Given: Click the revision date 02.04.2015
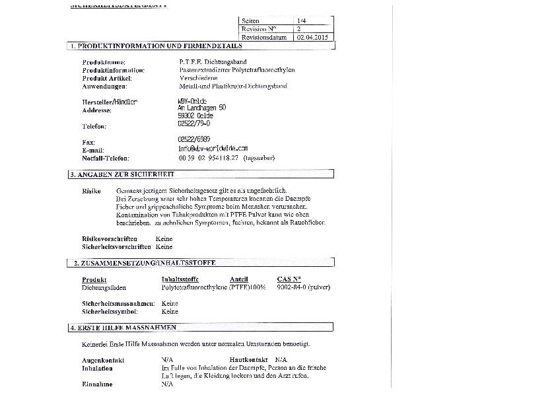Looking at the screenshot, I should pyautogui.click(x=312, y=38).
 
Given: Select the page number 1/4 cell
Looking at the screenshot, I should pyautogui.click(x=302, y=21).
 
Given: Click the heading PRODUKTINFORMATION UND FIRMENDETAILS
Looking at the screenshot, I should pyautogui.click(x=159, y=46).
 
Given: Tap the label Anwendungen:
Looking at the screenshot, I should pyautogui.click(x=104, y=86).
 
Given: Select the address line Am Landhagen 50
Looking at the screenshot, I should pyautogui.click(x=202, y=108).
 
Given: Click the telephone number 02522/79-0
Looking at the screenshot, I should pyautogui.click(x=194, y=123).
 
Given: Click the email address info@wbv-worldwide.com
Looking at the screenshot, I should pyautogui.click(x=213, y=149).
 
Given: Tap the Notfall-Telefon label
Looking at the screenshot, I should pyautogui.click(x=106, y=159).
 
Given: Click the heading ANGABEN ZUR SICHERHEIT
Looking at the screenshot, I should pyautogui.click(x=125, y=174).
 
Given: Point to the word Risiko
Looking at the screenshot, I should pyautogui.click(x=91, y=190).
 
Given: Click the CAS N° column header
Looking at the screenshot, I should pyautogui.click(x=289, y=279).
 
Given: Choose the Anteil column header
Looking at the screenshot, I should pyautogui.click(x=239, y=279).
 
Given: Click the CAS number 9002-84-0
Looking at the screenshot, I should pyautogui.click(x=292, y=287).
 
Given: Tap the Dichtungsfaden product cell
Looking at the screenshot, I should pyautogui.click(x=104, y=288).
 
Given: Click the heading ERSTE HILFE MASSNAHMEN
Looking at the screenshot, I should pyautogui.click(x=126, y=328).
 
